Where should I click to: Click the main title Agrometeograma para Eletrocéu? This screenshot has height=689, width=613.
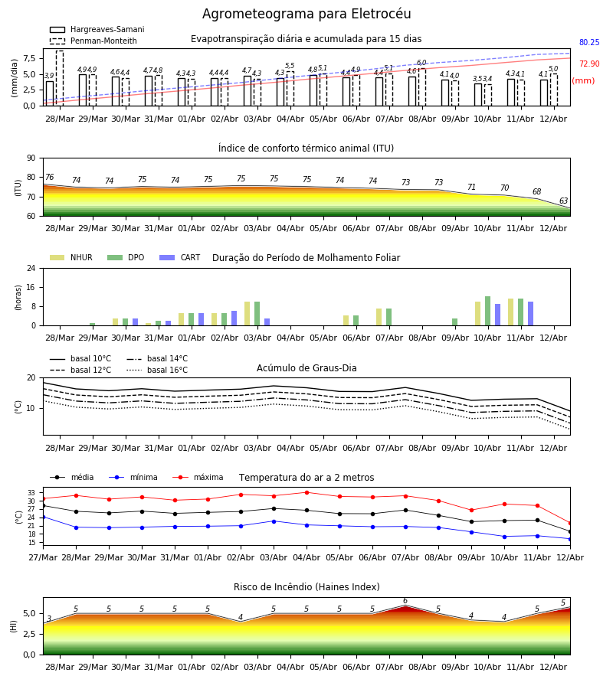(x=306, y=14)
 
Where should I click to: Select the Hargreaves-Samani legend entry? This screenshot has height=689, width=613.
(x=97, y=29)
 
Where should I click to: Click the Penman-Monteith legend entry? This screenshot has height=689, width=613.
(x=93, y=41)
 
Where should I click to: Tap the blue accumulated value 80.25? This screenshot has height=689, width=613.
(x=589, y=42)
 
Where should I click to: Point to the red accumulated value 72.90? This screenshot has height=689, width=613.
(x=589, y=64)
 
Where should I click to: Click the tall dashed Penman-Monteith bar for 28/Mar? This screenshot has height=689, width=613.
(x=59, y=78)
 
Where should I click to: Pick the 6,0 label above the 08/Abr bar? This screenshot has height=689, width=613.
(x=421, y=63)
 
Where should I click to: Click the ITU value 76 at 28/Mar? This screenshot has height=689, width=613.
(x=49, y=177)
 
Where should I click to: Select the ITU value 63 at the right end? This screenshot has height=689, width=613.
(x=563, y=201)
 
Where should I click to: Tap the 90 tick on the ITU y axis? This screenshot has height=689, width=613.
(x=31, y=158)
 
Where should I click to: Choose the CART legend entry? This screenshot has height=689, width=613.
(x=180, y=257)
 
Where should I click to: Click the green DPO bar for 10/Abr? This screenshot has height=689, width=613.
(x=487, y=311)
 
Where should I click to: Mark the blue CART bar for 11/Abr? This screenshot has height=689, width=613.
(x=531, y=314)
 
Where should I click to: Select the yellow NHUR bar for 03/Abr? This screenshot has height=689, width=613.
(x=247, y=314)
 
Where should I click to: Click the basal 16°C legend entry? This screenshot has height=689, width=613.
(x=157, y=370)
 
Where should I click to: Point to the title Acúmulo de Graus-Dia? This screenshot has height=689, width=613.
(x=306, y=367)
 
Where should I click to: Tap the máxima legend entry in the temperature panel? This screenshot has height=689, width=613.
(x=198, y=477)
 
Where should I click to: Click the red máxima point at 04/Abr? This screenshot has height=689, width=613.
(x=307, y=492)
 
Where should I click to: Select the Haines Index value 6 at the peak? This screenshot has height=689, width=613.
(x=405, y=601)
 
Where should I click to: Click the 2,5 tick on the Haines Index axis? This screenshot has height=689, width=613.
(x=30, y=634)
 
